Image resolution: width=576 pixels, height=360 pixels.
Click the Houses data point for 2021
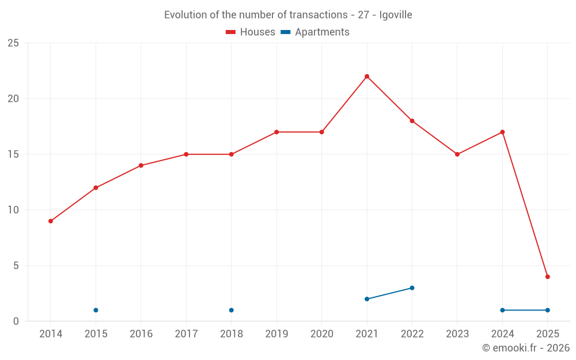point(367,77)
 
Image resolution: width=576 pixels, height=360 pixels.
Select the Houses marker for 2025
point(547,277)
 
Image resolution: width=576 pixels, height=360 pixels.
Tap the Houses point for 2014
point(51,221)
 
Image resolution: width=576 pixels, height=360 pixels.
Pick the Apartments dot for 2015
point(96,310)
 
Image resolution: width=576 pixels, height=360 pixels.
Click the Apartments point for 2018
point(231,310)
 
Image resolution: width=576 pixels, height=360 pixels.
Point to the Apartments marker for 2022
point(412,288)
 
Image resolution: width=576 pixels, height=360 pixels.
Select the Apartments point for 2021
point(367,299)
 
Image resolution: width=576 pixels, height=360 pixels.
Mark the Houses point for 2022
point(412,121)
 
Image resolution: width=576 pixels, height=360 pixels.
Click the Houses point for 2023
point(457,154)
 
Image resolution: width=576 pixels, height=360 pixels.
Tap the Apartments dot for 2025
point(547,310)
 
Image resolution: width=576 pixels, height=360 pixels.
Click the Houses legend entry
point(251,32)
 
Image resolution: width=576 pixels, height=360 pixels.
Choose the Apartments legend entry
point(315,32)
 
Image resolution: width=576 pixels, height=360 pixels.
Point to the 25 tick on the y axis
point(13,43)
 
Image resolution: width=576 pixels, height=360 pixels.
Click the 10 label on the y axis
point(13,210)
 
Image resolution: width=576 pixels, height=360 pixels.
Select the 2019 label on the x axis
point(276,334)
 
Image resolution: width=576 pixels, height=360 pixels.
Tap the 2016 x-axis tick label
point(141,334)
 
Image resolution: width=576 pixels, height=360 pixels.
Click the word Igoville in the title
point(396,15)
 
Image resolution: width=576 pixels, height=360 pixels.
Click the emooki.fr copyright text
point(525,348)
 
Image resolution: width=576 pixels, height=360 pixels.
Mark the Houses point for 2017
point(186,154)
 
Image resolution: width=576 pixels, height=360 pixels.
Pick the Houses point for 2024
point(502,132)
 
